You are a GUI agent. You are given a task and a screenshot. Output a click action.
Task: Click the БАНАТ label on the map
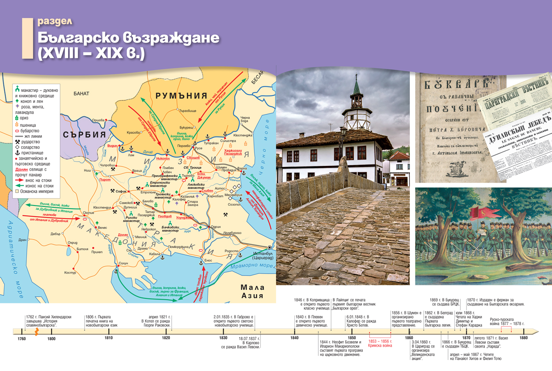pos(81,94)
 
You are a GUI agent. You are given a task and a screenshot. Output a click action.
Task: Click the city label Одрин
pos(216,227)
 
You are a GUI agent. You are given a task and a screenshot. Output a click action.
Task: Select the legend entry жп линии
pos(31,136)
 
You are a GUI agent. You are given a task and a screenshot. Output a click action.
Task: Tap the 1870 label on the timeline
pos(467,338)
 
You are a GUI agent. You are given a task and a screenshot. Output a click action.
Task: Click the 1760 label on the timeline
pos(22,339)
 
